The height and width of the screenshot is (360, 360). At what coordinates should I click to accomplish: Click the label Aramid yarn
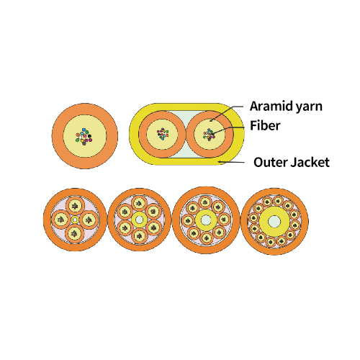pos(286,107)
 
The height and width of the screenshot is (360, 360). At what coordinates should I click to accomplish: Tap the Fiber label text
pos(265,125)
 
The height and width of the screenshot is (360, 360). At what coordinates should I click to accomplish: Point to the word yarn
pos(309,107)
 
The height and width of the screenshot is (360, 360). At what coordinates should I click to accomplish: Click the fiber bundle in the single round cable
pos(84,137)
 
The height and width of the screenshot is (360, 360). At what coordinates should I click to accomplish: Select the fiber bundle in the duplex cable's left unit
pos(163,134)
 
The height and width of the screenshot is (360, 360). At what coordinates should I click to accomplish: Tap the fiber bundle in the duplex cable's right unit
pos(210,135)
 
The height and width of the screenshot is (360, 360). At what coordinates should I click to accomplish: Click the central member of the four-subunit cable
pos(75,220)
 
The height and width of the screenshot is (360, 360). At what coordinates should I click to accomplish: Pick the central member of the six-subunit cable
pos(140,220)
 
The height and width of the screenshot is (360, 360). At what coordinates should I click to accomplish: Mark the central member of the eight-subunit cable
pos(206,220)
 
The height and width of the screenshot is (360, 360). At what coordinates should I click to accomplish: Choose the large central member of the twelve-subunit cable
pos(274,221)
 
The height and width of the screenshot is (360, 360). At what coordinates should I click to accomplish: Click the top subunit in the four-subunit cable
pos(75,205)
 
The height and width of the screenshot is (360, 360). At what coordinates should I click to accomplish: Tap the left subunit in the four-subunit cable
pos(61,220)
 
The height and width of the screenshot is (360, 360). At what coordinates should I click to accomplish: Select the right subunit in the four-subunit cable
pos(89,220)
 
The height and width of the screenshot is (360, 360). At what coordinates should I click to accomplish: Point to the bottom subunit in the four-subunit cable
pos(75,233)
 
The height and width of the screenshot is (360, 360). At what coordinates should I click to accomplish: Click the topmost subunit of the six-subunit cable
pos(140,204)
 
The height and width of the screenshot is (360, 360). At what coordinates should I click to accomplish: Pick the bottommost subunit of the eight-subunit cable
pos(207,238)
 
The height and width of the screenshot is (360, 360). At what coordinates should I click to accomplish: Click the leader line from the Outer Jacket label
pos(231,163)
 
